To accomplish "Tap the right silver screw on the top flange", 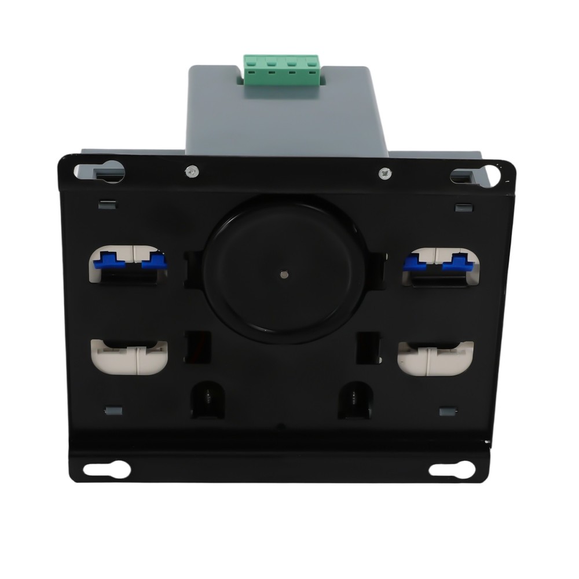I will point(384,173).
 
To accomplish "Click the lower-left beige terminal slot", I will point(129,357).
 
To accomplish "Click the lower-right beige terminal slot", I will point(435,358).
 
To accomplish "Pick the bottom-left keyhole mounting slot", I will point(107,469).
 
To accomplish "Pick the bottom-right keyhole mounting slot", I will point(452,469).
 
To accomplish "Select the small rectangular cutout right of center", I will point(368,347).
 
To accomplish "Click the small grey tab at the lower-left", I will point(113,411).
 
